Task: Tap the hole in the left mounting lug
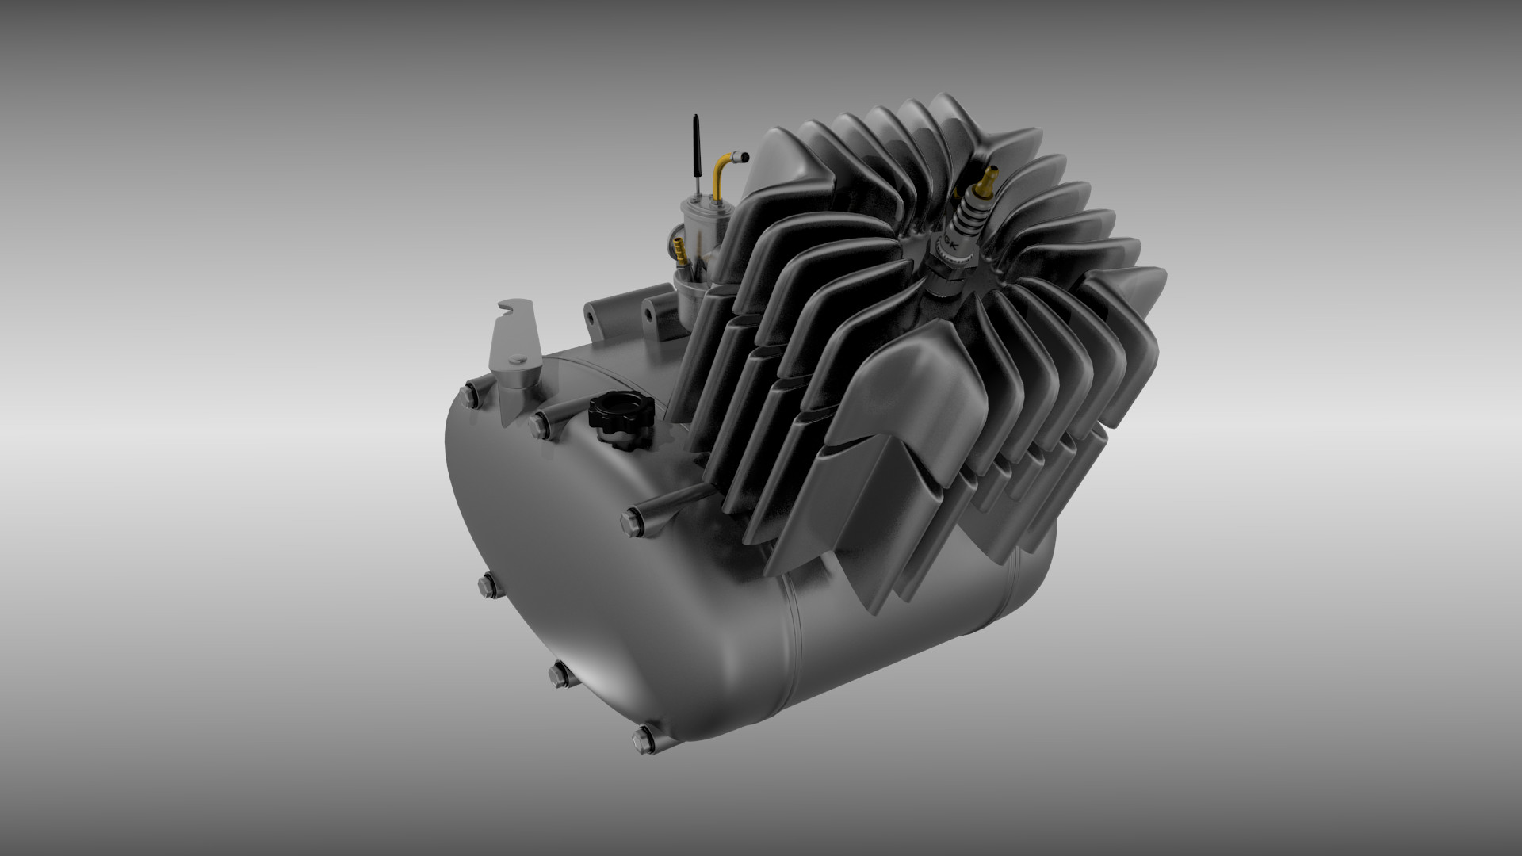pos(591,315)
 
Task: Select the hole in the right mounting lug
pos(651,311)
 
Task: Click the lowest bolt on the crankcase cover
pos(644,739)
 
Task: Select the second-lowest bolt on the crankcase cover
pos(560,674)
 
